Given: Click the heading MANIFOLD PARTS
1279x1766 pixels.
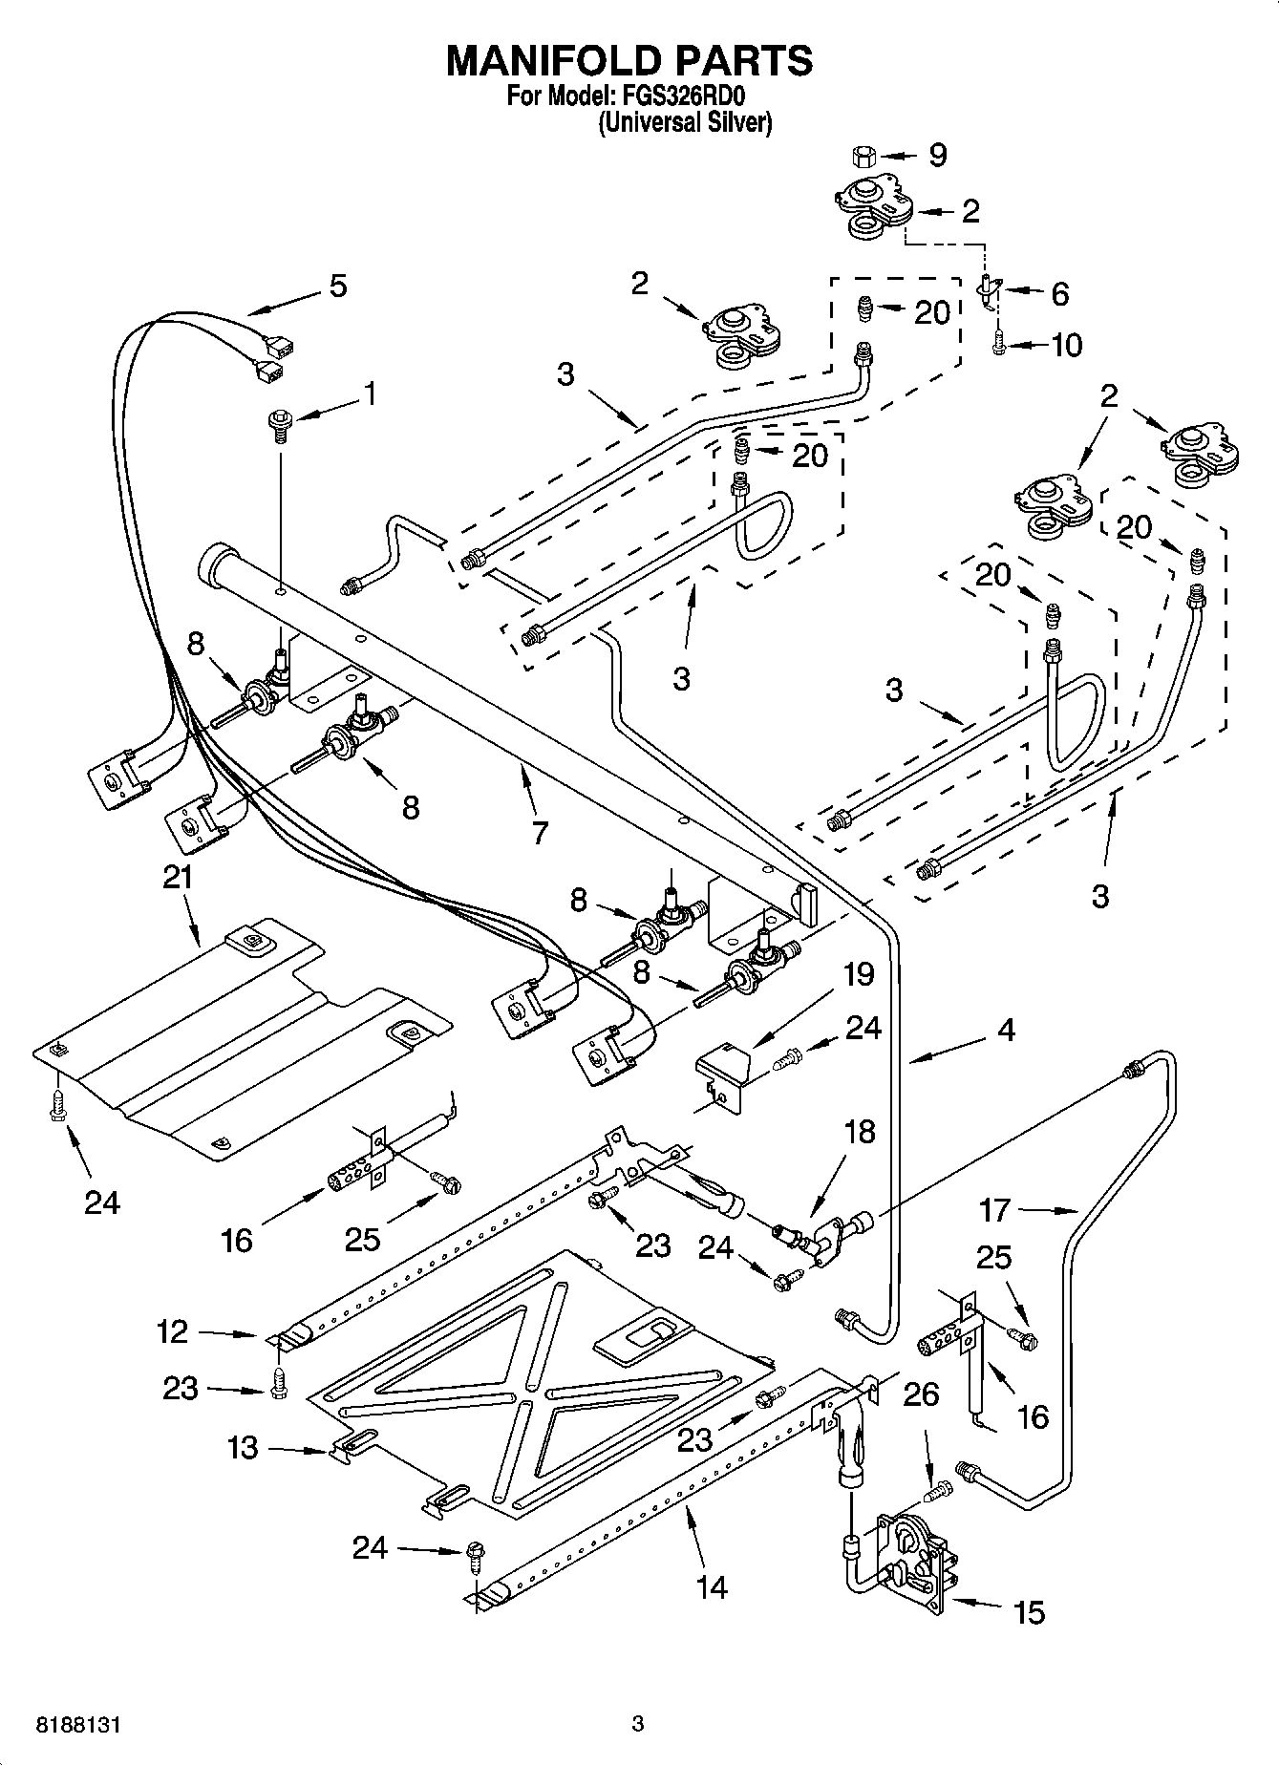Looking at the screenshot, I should [x=629, y=60].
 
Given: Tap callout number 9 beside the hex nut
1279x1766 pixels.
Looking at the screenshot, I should [x=937, y=155].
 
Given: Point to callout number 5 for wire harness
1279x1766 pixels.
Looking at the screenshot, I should [x=338, y=286].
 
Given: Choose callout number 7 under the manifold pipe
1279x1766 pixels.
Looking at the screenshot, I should [x=540, y=832].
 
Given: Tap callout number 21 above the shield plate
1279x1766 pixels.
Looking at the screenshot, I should [x=178, y=877].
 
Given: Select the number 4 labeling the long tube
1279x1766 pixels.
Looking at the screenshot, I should [x=1006, y=1030].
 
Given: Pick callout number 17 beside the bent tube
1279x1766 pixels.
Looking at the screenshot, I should [x=995, y=1211].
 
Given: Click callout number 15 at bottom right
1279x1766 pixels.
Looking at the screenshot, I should [x=1029, y=1613].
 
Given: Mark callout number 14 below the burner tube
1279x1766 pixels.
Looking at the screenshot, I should [x=713, y=1587].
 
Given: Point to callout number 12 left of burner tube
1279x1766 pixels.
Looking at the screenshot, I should [x=173, y=1331].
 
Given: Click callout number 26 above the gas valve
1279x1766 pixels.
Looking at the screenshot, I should [x=921, y=1394].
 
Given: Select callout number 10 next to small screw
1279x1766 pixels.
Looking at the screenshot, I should [x=1066, y=345].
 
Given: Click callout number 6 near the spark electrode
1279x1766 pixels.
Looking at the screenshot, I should [x=1059, y=293].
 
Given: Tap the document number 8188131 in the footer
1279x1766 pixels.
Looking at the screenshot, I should [x=80, y=1725].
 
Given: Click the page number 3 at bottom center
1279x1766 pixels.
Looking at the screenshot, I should [x=637, y=1724].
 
